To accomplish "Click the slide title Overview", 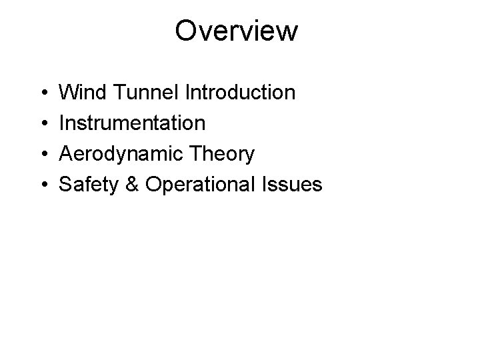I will [x=237, y=31].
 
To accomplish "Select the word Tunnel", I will [x=141, y=92].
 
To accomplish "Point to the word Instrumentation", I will [x=133, y=123].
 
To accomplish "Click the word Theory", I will [x=221, y=154].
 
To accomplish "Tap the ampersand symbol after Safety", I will [x=132, y=185].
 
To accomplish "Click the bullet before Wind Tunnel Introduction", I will [x=42, y=93].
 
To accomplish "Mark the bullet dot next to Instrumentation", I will [x=42, y=123].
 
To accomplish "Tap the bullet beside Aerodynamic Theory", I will [x=42, y=155].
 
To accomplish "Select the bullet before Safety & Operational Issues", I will [x=42, y=185].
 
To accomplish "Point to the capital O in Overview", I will [x=187, y=31].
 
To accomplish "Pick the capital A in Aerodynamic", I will [x=67, y=154].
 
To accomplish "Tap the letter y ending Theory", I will [x=249, y=157].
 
